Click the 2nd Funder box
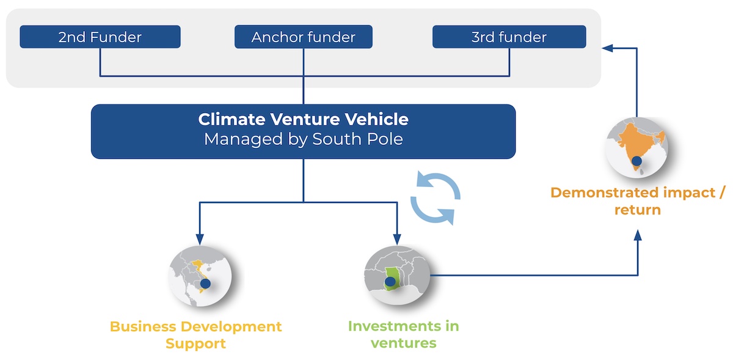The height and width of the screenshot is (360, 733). click(100, 37)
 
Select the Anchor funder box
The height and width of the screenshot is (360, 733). click(304, 37)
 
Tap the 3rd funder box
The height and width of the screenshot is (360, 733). click(509, 37)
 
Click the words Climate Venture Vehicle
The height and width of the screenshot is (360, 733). click(303, 119)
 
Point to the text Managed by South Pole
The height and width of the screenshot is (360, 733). click(303, 139)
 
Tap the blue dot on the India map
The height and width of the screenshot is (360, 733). click(636, 161)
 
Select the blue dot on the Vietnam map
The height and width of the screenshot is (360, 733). click(205, 283)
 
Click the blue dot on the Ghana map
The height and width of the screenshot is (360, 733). click(390, 282)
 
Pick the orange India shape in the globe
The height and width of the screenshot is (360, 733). click(632, 144)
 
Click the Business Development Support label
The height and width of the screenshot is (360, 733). click(196, 335)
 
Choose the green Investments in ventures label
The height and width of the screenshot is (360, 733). click(403, 334)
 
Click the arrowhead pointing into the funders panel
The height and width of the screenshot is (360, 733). click(606, 47)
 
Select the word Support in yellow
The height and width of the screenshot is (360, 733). click(196, 343)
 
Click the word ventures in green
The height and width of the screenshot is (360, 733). click(403, 343)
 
